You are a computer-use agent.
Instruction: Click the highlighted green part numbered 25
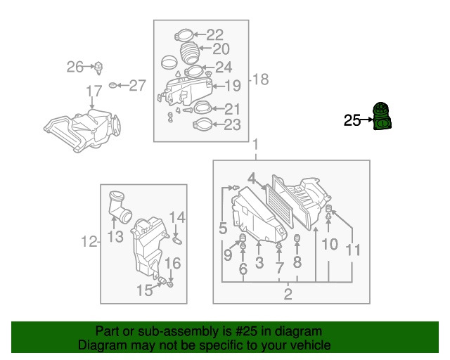[382, 116]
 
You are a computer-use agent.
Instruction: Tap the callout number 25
[352, 120]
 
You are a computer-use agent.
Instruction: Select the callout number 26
[75, 67]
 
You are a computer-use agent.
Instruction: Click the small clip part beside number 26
[98, 67]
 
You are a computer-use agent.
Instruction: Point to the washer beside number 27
[112, 85]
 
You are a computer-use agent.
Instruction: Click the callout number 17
[94, 91]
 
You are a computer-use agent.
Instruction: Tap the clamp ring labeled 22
[184, 35]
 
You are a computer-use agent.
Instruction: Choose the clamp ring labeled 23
[203, 124]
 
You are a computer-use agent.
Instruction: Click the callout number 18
[261, 79]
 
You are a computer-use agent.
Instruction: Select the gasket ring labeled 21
[203, 108]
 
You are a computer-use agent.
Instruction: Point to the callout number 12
[89, 241]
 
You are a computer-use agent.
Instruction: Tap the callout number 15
[145, 290]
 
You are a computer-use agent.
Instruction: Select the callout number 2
[288, 294]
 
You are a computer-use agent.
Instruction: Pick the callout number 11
[353, 250]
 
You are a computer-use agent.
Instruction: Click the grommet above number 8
[297, 238]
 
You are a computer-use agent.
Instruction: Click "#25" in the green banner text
[246, 332]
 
